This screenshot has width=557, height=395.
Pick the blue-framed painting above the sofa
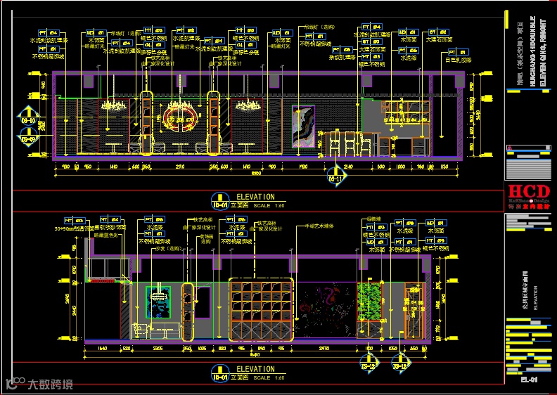tap(158, 302)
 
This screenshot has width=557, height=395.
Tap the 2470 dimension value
tap(324, 348)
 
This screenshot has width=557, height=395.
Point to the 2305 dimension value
tap(158, 348)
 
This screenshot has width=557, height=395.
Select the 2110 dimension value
tap(180, 167)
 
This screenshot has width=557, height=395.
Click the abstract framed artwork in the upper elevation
tap(303, 127)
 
